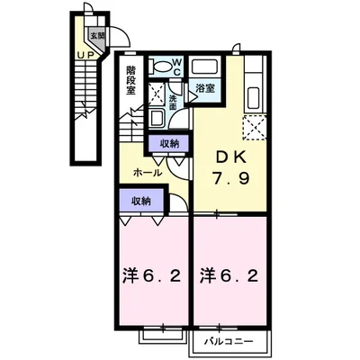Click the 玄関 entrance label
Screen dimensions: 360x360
coord(95,36)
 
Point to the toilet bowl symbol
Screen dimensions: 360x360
coord(163,65)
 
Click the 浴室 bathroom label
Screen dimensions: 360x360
coord(204,88)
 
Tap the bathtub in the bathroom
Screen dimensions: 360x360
coord(205,67)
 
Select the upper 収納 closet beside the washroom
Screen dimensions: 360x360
coord(169,142)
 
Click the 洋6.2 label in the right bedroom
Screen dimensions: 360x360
coord(231,273)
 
